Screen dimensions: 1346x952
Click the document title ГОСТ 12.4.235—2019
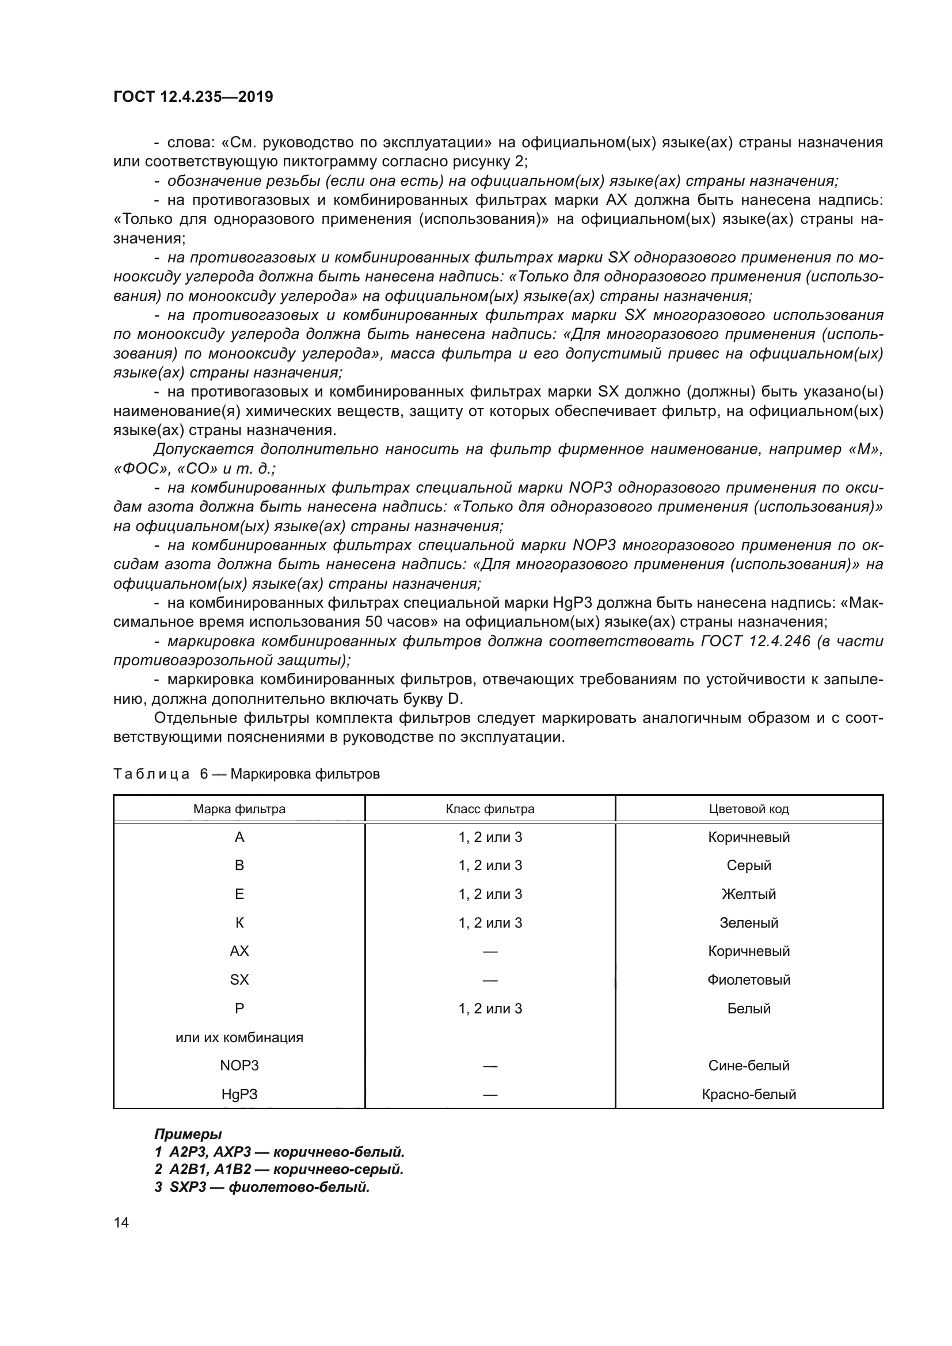pyautogui.click(x=193, y=97)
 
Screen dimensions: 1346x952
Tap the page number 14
pyautogui.click(x=121, y=1222)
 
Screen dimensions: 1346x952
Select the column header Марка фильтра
pyautogui.click(x=239, y=809)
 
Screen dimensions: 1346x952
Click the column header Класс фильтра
pyautogui.click(x=490, y=809)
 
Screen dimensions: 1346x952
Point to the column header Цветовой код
pyautogui.click(x=749, y=809)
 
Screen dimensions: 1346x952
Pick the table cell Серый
pyautogui.click(x=749, y=865)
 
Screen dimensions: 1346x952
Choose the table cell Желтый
pyautogui.click(x=749, y=894)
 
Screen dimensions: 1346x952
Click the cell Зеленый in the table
pyautogui.click(x=749, y=922)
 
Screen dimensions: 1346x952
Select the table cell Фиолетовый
pyautogui.click(x=749, y=979)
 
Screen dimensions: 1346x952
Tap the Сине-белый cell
pyautogui.click(x=749, y=1065)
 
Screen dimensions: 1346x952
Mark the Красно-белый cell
pyautogui.click(x=749, y=1094)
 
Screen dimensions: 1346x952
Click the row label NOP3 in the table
pyautogui.click(x=239, y=1065)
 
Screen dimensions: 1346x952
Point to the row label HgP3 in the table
pyautogui.click(x=239, y=1094)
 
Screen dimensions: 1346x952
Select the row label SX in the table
pyautogui.click(x=239, y=979)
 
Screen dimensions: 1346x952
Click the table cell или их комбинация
pyautogui.click(x=239, y=1037)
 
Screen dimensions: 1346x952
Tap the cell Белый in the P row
pyautogui.click(x=749, y=1008)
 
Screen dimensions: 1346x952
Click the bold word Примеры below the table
pyautogui.click(x=188, y=1134)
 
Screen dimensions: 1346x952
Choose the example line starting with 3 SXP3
pyautogui.click(x=262, y=1187)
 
